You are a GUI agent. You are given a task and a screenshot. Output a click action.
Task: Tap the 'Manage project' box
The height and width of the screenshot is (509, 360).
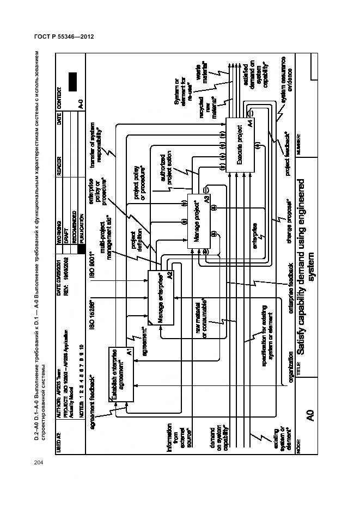[198, 221]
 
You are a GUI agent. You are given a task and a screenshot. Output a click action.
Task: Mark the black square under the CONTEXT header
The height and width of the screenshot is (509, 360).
[73, 81]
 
